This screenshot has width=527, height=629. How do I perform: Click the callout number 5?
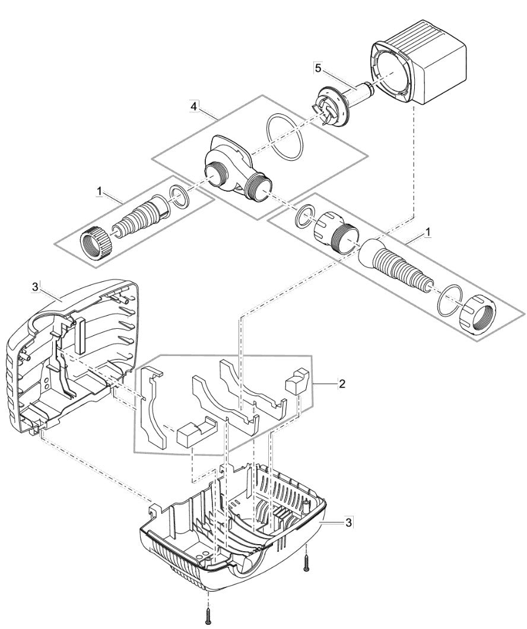pyautogui.click(x=318, y=68)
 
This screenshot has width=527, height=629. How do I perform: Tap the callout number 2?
pyautogui.click(x=342, y=384)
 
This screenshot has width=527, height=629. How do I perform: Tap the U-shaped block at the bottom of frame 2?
pyautogui.click(x=195, y=434)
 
